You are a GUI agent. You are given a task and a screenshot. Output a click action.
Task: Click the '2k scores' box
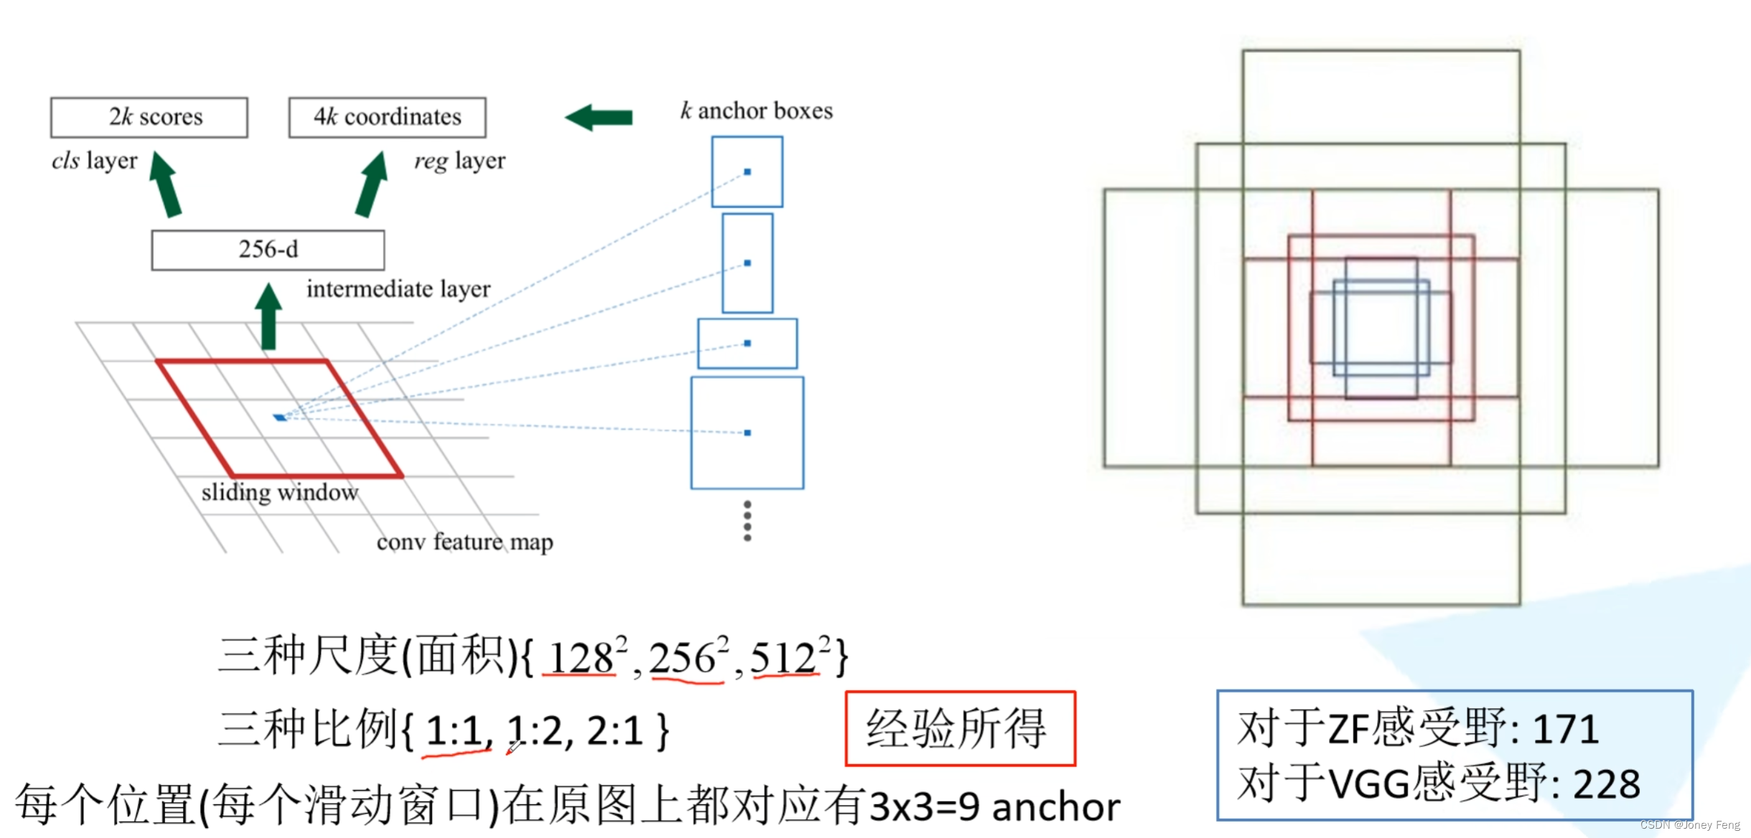[149, 117]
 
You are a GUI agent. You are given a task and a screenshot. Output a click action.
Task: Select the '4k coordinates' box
[387, 117]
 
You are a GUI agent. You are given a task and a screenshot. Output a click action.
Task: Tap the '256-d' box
[268, 250]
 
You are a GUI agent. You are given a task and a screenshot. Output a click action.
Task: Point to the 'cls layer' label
[94, 161]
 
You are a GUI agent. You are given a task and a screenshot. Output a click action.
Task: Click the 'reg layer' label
[459, 161]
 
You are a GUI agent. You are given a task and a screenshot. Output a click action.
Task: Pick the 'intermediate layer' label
[398, 289]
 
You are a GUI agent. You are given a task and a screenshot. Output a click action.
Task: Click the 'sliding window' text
[279, 493]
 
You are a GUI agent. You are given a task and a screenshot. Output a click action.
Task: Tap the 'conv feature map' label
[464, 542]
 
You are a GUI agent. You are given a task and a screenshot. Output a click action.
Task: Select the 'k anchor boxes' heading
[757, 111]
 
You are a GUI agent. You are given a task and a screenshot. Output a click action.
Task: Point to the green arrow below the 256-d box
[269, 316]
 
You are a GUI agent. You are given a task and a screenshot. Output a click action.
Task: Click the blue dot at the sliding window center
[280, 417]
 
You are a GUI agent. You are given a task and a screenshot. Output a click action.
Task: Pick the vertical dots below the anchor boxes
[747, 520]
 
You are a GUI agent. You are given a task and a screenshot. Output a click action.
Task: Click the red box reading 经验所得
[960, 728]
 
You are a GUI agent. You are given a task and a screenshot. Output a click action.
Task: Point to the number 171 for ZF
[1565, 730]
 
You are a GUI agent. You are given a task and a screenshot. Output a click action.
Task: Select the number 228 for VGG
[1607, 784]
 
